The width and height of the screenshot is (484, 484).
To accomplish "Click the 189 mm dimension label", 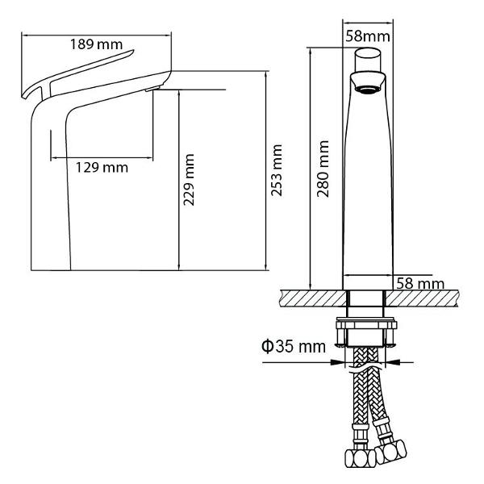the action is pyautogui.click(x=96, y=44).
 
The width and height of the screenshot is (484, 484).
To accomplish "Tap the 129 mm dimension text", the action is pyautogui.click(x=102, y=168).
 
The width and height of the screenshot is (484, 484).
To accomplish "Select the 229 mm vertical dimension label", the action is pyautogui.click(x=189, y=180).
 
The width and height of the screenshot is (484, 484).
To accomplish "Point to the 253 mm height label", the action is pyautogui.click(x=277, y=170).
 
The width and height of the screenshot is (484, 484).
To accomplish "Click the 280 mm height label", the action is pyautogui.click(x=323, y=169).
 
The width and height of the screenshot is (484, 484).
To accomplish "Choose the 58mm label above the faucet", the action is pyautogui.click(x=368, y=36).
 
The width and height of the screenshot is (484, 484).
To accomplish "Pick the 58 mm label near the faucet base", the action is pyautogui.click(x=420, y=283).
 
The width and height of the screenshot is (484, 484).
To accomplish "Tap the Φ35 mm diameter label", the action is pyautogui.click(x=294, y=346).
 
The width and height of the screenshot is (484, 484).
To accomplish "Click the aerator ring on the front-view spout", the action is pyautogui.click(x=367, y=90).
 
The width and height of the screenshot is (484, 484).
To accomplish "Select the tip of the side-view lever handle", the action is pyautogui.click(x=133, y=51).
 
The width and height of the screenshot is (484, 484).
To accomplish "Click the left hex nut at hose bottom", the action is pyautogui.click(x=361, y=458).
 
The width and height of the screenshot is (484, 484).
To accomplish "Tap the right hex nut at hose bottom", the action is pyautogui.click(x=391, y=452).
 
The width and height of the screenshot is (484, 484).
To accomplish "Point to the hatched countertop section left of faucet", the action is pyautogui.click(x=313, y=298).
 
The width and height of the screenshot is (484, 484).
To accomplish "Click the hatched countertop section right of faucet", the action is pyautogui.click(x=422, y=298).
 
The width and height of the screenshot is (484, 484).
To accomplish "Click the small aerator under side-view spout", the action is pyautogui.click(x=152, y=89).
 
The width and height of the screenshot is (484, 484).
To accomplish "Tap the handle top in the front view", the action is pyautogui.click(x=367, y=60).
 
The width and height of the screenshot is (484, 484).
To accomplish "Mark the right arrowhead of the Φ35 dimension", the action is pyautogui.click(x=393, y=362).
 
